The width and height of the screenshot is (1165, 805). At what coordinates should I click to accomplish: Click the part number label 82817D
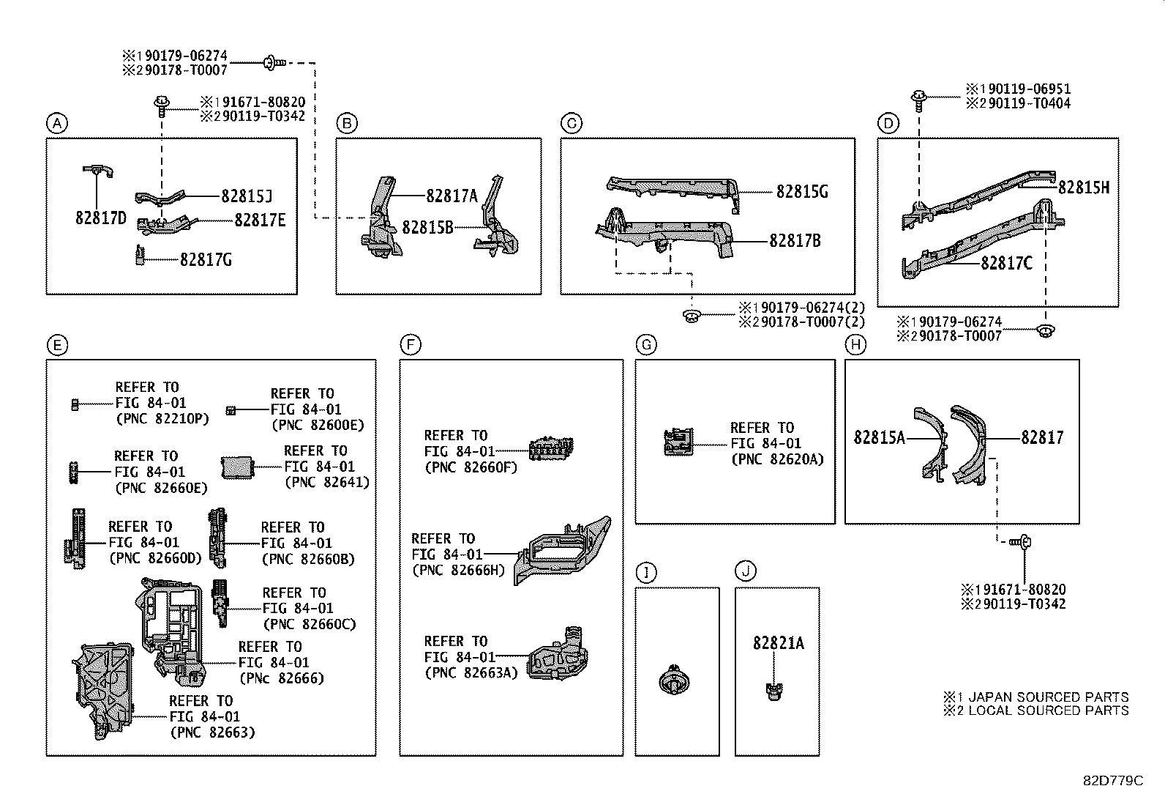coord(100,218)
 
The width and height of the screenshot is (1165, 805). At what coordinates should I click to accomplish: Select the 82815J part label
coord(247,196)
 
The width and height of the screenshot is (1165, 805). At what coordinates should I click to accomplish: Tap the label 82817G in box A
coord(206,259)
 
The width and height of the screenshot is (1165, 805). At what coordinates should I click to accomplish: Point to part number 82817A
coord(452,196)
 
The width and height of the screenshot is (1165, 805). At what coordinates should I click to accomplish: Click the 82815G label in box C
coord(801,192)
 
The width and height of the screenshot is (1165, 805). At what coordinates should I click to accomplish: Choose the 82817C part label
coord(1006,263)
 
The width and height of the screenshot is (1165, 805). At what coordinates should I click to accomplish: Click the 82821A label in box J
coord(778,643)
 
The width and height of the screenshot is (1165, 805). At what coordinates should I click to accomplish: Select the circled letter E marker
coord(56,344)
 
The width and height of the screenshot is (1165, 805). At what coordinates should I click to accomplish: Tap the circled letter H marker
coord(855,344)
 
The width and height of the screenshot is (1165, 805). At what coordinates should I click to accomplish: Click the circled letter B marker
coord(346,124)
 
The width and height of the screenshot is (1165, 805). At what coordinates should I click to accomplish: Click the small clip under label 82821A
coord(774,690)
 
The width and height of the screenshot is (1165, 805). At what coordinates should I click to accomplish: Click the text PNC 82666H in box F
coord(458,571)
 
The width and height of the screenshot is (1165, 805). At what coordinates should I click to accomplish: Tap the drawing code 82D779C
coord(1112,781)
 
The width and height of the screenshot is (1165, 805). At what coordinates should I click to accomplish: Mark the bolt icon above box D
coord(919,98)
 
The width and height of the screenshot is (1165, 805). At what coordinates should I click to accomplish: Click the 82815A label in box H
coord(879,438)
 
